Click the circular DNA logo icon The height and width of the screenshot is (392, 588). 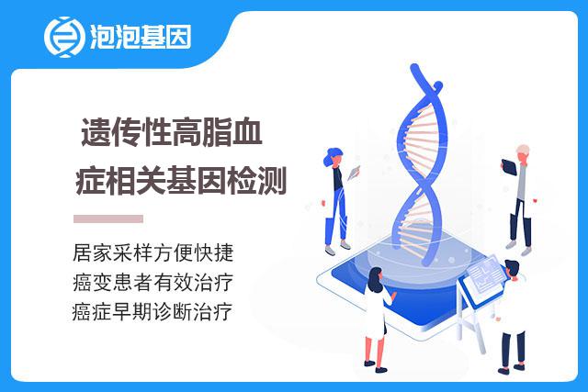pos(63,37)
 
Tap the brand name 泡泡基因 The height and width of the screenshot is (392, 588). pos(141,37)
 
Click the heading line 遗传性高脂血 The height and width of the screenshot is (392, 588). pos(172,132)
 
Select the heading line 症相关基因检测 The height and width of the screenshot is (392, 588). pos(181,181)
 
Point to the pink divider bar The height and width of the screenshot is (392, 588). pos(108,218)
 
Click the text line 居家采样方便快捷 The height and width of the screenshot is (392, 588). pos(153,252)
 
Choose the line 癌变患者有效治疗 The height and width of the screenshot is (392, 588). pos(153,282)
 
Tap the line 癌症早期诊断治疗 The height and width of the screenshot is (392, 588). pos(153,312)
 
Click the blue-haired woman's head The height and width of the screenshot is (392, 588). pos(333,157)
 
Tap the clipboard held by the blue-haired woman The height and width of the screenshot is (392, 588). pos(353,173)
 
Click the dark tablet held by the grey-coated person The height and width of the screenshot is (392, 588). pos(509,167)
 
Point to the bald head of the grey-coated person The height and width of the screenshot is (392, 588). pos(523,152)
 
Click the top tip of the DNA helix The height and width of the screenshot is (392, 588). pos(414,66)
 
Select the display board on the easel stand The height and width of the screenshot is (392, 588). pos(484,276)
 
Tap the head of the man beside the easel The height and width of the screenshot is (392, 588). pos(512,269)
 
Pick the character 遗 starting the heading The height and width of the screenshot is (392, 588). pos(96,132)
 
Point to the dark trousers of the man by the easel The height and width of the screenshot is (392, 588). pos(513,349)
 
